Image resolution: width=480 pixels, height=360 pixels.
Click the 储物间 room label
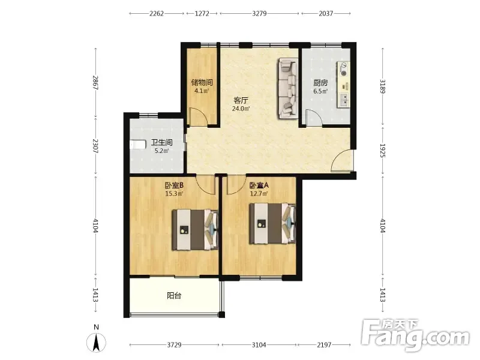(202, 82)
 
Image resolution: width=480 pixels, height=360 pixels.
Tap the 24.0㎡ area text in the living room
(241, 109)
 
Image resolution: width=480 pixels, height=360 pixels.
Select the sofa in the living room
(288, 88)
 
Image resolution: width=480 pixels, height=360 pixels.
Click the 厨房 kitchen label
(320, 83)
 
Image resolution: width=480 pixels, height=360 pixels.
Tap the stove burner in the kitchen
(344, 73)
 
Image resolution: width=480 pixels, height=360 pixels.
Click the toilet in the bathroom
(137, 145)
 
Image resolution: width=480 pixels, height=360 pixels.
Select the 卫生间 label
(161, 142)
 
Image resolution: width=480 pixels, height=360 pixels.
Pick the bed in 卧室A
(272, 223)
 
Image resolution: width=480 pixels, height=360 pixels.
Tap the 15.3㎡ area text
(174, 194)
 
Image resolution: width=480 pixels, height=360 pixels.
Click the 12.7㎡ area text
(259, 193)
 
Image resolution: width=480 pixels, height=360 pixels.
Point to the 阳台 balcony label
(174, 296)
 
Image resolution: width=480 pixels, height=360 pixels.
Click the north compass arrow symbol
(96, 342)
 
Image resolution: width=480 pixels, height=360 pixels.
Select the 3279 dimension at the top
(259, 13)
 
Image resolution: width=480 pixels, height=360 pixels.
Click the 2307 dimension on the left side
(96, 146)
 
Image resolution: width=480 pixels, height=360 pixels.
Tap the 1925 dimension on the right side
(383, 151)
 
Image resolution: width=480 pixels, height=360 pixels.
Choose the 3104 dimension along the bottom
(259, 345)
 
